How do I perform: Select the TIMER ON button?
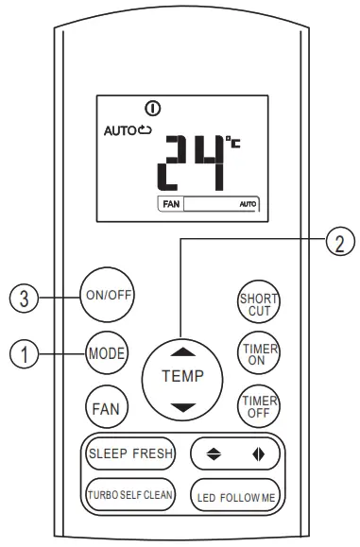252,352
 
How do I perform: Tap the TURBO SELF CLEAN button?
129,494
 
